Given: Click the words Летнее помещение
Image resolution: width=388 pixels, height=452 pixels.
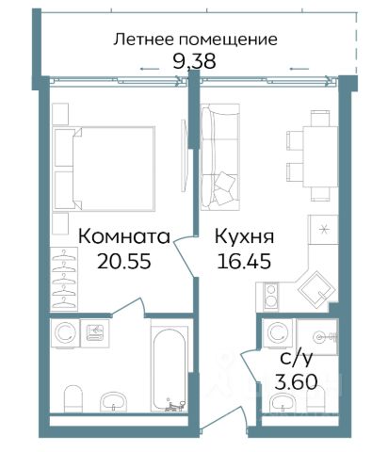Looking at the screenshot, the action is click(195, 40).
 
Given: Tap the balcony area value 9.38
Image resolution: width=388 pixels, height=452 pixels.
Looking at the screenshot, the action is click(194, 61).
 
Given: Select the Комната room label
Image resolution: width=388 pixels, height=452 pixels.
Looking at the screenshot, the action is click(124, 236).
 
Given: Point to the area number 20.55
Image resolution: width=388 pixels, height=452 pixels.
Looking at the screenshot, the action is click(124, 261).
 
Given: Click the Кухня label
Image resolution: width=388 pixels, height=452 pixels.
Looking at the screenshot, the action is click(244, 237).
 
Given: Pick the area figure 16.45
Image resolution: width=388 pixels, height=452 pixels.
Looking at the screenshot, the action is click(244, 261).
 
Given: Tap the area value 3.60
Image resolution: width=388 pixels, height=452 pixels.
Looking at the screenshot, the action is click(296, 381).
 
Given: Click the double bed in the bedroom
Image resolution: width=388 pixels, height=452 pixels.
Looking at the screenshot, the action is click(104, 169).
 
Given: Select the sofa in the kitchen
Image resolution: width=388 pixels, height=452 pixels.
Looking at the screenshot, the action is click(220, 157).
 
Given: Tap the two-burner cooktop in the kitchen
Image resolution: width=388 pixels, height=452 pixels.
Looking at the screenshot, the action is click(270, 295).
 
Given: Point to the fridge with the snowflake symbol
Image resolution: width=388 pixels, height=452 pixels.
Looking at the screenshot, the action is click(323, 230).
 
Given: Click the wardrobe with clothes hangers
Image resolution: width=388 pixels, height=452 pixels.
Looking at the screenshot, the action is click(64, 279).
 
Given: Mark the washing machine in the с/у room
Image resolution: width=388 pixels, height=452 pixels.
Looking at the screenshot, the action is click(278, 333).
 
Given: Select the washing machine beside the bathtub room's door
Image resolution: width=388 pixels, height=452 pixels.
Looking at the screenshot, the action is click(66, 333).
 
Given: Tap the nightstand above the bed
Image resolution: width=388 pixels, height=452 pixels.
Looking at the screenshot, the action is click(60, 114).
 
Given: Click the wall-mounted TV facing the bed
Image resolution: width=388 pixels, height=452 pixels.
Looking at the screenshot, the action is click(185, 155).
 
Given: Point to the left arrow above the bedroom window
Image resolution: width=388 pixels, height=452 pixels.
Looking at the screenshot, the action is click(150, 69).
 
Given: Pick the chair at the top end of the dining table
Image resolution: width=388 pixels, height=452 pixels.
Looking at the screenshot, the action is click(320, 119).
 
